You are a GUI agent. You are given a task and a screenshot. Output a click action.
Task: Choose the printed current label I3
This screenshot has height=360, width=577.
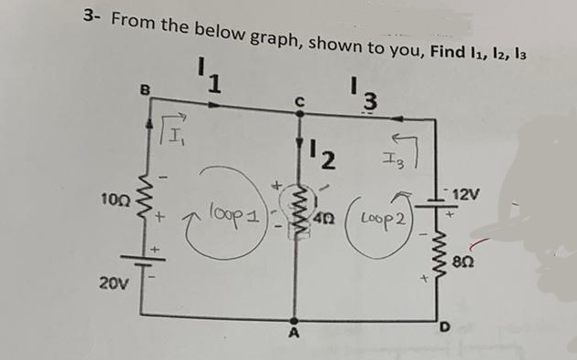(368, 94)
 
